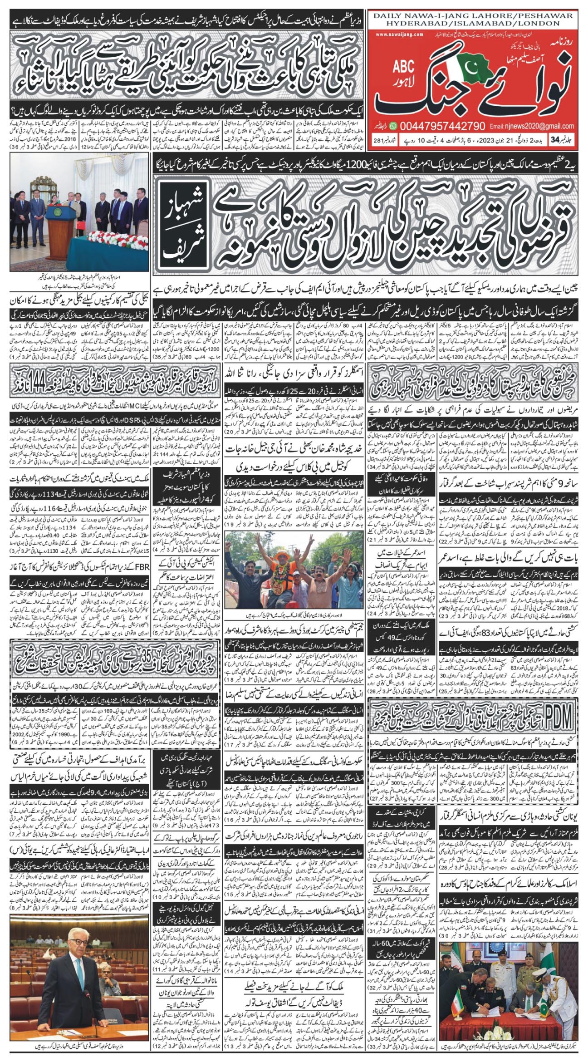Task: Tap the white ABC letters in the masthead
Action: [x=403, y=67]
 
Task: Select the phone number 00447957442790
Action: [x=441, y=126]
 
